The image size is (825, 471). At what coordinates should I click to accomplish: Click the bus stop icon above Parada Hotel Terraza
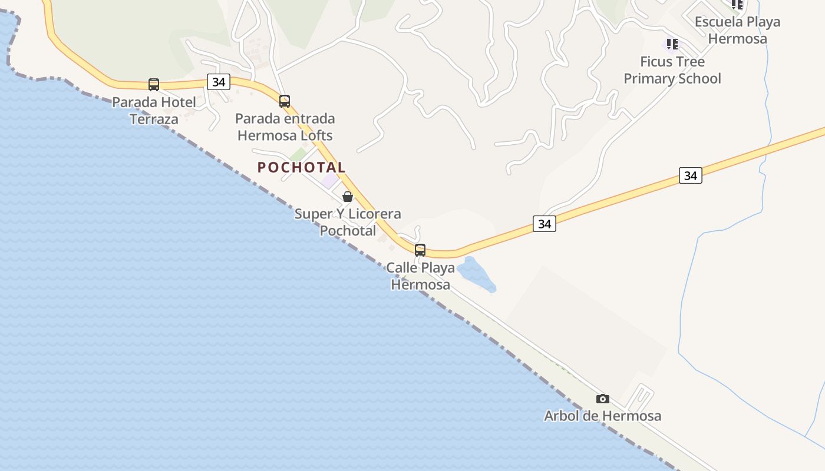click(x=154, y=84)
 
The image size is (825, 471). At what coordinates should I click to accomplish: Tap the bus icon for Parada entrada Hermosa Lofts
click(x=285, y=101)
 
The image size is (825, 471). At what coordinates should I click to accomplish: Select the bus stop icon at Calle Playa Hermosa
click(x=420, y=250)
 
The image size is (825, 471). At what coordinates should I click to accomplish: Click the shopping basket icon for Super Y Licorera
click(x=348, y=196)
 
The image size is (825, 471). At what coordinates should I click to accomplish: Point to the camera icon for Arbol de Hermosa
click(x=602, y=399)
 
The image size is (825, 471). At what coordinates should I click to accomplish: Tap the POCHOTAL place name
click(x=301, y=167)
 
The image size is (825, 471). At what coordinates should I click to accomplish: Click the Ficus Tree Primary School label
click(x=672, y=70)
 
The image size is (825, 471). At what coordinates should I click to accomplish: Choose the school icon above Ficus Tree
click(x=672, y=44)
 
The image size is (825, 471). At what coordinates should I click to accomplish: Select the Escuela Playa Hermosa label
click(x=737, y=30)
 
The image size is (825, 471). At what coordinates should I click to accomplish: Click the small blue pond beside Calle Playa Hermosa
click(x=476, y=274)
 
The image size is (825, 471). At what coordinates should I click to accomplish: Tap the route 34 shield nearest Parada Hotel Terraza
click(x=218, y=82)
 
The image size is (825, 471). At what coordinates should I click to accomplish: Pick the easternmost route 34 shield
click(x=690, y=175)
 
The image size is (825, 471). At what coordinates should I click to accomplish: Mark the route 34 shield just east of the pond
click(x=544, y=224)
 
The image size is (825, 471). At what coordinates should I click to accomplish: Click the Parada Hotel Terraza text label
click(x=154, y=111)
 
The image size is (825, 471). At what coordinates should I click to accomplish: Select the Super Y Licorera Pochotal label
click(x=348, y=222)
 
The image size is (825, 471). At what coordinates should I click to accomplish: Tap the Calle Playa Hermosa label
click(x=421, y=276)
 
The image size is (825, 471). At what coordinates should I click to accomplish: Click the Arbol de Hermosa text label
click(x=602, y=416)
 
